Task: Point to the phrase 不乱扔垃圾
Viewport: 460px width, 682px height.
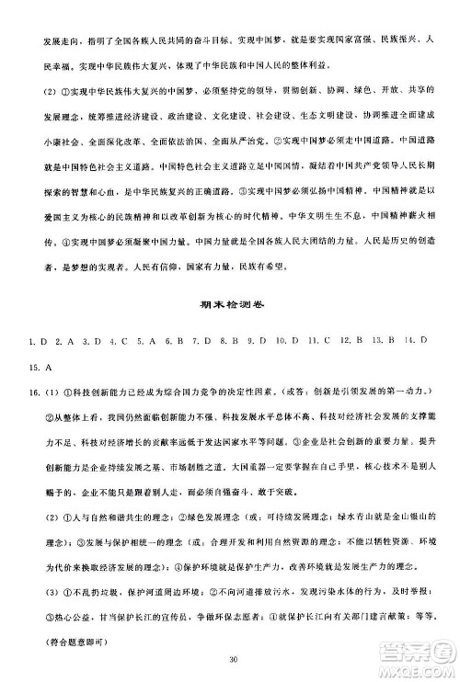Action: pyautogui.click(x=99, y=590)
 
